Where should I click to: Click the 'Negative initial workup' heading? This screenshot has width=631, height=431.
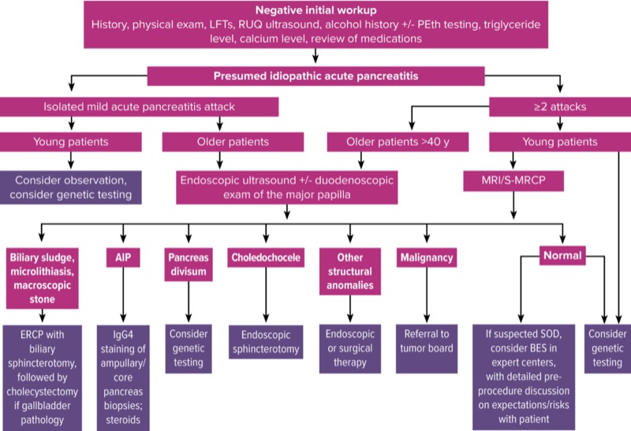(315, 9)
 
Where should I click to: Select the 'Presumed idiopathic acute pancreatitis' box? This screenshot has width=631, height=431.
(315, 77)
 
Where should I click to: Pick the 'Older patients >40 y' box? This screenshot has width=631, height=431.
(396, 142)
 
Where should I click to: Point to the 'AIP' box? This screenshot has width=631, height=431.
(122, 257)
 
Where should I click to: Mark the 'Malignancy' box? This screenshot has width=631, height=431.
(426, 257)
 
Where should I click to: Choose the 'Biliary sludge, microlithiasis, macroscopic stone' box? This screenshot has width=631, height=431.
(46, 277)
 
